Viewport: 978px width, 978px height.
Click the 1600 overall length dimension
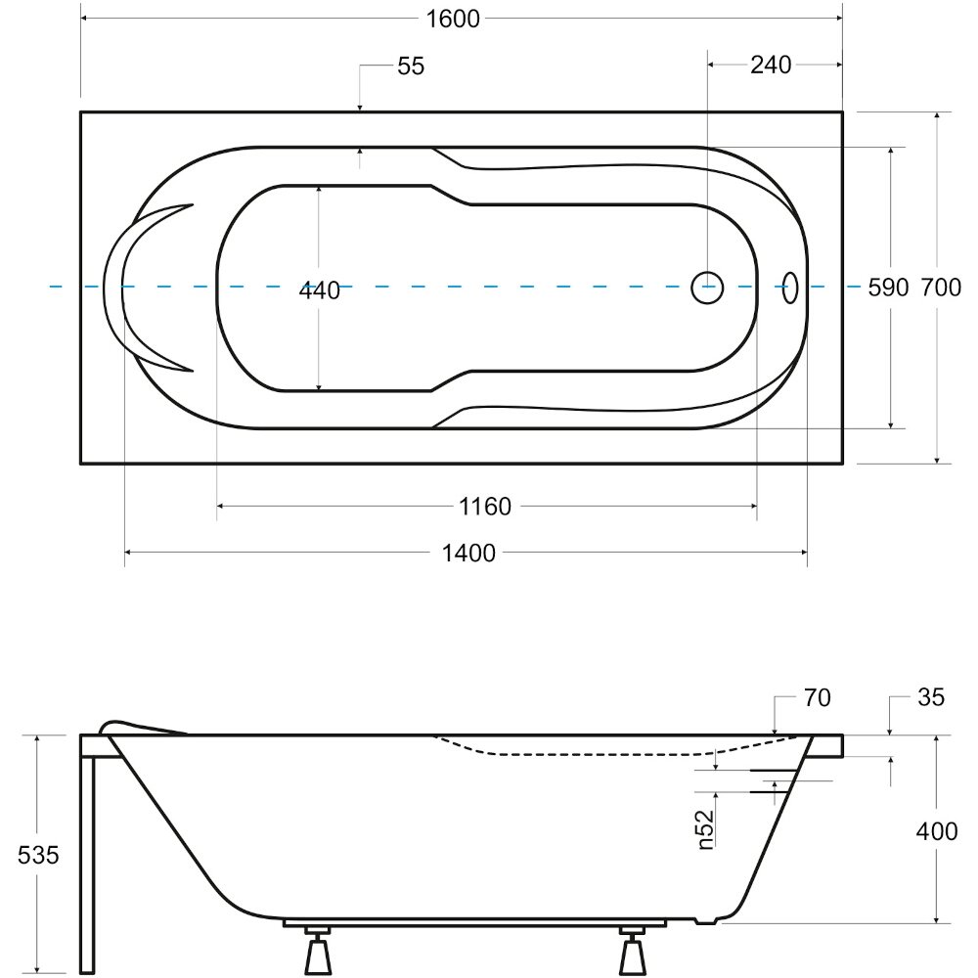pos(453,19)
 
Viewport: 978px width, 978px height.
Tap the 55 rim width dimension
pos(411,66)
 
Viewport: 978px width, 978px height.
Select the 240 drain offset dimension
pos(771,65)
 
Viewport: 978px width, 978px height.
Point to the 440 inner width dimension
pos(319,290)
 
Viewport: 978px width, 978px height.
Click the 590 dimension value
pos(888,288)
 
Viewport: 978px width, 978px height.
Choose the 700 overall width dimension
pos(941,288)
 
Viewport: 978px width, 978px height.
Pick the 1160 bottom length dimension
pos(485,506)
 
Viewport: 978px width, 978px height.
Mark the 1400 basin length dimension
pos(468,553)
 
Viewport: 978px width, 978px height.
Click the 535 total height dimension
pos(38,855)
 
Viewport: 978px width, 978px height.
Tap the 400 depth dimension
pos(937,830)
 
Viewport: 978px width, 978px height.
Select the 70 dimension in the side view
pos(817,697)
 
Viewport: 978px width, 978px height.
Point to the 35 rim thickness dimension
pos(931,696)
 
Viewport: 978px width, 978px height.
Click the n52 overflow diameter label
pos(705,829)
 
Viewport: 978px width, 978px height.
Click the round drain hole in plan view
pos(707,289)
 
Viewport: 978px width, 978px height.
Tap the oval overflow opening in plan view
pos(790,288)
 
